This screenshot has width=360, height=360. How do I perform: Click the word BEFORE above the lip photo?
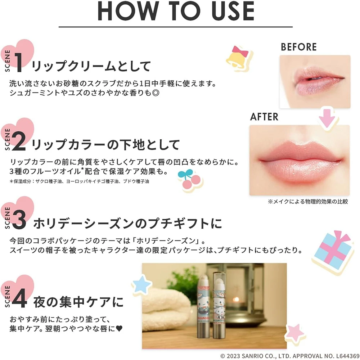299,47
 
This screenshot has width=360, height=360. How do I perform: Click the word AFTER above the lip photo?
264,117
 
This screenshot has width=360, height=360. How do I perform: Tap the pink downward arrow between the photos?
327,118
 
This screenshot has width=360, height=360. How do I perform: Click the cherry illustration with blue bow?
190,180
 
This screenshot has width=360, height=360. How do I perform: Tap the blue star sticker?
141,285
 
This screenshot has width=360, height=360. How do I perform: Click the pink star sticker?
295,333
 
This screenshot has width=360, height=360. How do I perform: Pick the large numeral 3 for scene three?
19,220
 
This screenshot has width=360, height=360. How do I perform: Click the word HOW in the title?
128,11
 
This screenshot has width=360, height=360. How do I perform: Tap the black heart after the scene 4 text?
119,329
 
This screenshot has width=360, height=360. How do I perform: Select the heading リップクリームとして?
91,66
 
